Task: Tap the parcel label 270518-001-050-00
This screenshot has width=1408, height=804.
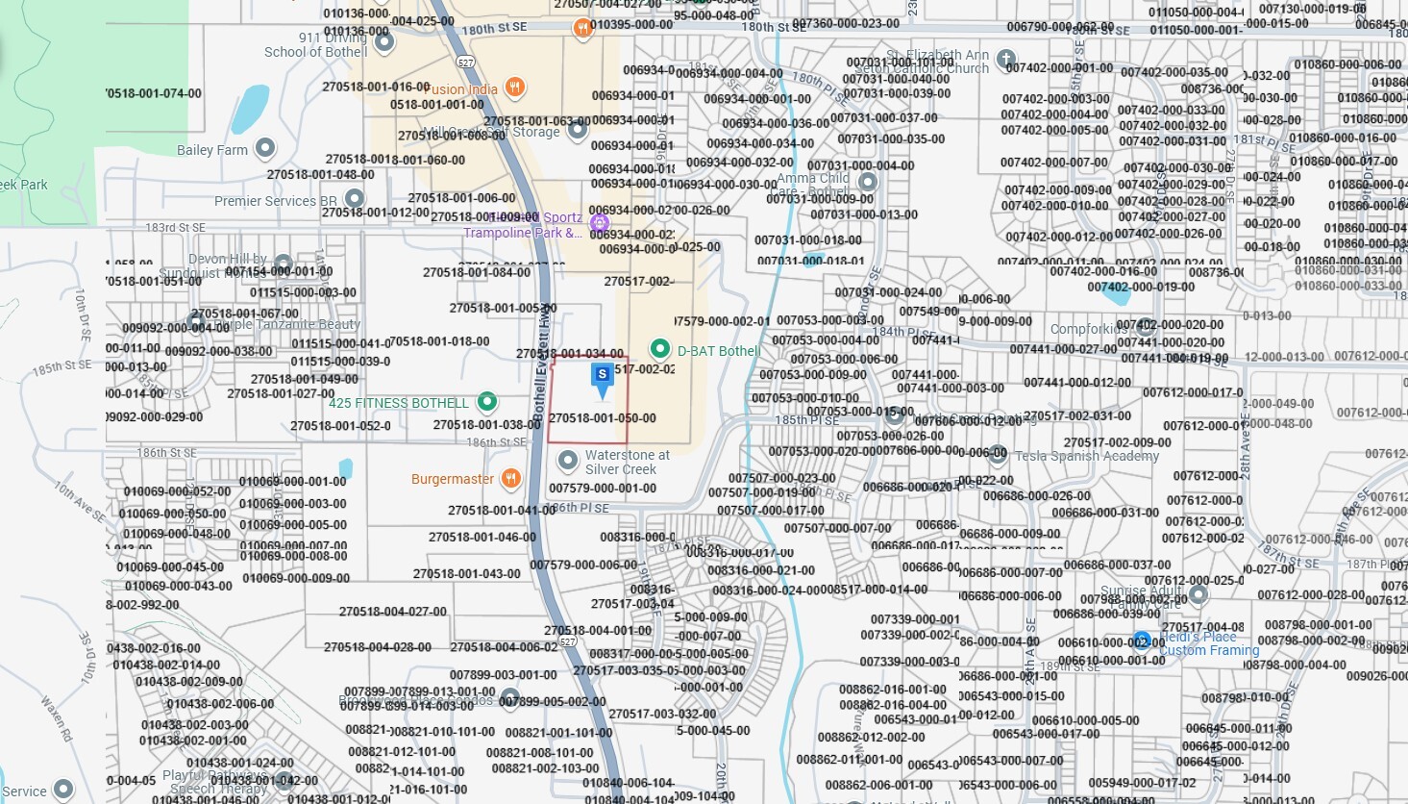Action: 603,418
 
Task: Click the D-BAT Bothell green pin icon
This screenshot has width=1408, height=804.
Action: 659,348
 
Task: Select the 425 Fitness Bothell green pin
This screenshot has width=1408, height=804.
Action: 487,401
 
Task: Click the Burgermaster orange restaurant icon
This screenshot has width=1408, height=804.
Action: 511,478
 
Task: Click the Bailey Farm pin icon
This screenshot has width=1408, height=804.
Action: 265,148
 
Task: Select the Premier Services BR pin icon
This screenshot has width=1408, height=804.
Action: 355,199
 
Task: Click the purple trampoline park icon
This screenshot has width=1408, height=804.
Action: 599,224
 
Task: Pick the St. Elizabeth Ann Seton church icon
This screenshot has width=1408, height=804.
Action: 1006,60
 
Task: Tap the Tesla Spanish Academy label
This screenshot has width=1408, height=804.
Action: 1087,456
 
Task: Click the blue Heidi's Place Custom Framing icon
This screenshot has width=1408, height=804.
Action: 1141,641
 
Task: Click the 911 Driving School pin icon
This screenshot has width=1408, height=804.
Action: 384,42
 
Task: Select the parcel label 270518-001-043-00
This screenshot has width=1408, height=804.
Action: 467,574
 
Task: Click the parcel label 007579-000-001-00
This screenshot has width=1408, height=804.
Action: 603,489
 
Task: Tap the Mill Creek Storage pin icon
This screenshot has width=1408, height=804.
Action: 577,130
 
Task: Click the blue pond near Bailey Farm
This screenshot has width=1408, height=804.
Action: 250,110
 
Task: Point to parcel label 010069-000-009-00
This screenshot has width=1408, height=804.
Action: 296,578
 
